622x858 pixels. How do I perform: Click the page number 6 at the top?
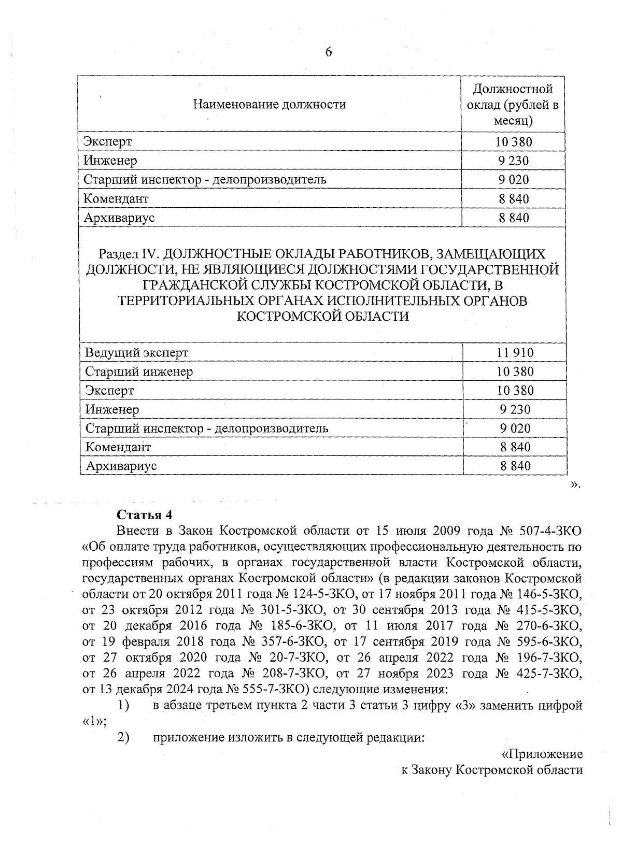tap(328, 52)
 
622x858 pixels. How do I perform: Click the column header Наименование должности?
tap(269, 105)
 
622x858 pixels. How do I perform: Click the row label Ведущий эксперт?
tap(136, 353)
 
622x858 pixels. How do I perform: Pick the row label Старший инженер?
tap(139, 371)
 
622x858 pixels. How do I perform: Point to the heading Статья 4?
tap(144, 515)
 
